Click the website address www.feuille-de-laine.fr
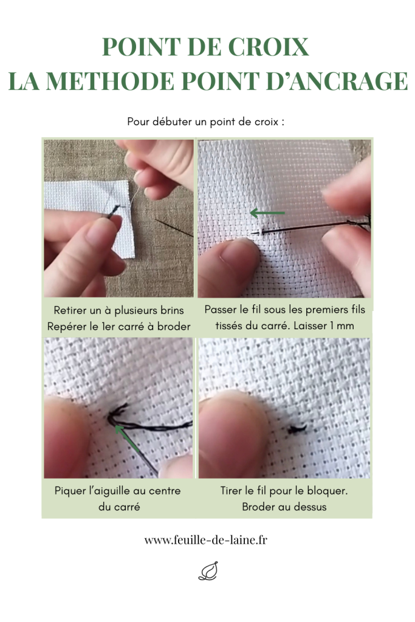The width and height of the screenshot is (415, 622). click(x=205, y=540)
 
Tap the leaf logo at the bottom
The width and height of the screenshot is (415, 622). click(x=208, y=571)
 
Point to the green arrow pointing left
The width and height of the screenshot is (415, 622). click(x=267, y=213)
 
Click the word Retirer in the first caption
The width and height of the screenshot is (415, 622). click(x=69, y=310)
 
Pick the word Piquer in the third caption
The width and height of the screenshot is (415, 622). click(x=70, y=491)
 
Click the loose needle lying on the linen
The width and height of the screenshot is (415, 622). click(x=174, y=227)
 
